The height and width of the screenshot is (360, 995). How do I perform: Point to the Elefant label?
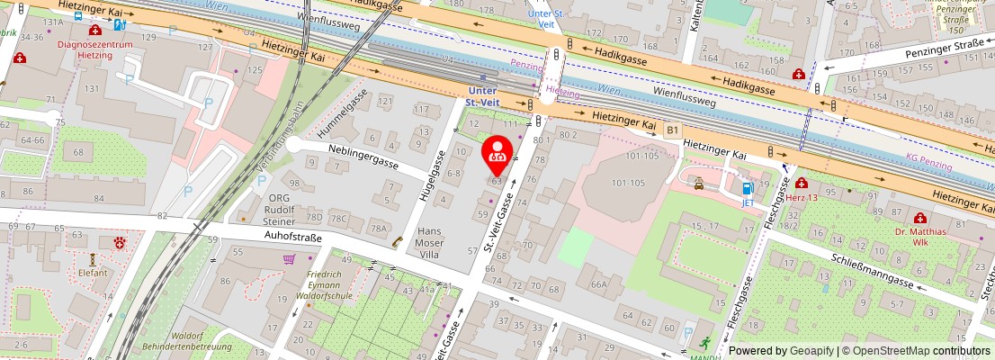pyautogui.click(x=93, y=273)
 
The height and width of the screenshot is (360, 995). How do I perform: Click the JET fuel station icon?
pyautogui.click(x=747, y=189)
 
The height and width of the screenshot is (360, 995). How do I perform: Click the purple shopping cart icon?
pyautogui.click(x=289, y=259)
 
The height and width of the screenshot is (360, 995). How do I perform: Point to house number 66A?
pyautogui.click(x=598, y=283)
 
